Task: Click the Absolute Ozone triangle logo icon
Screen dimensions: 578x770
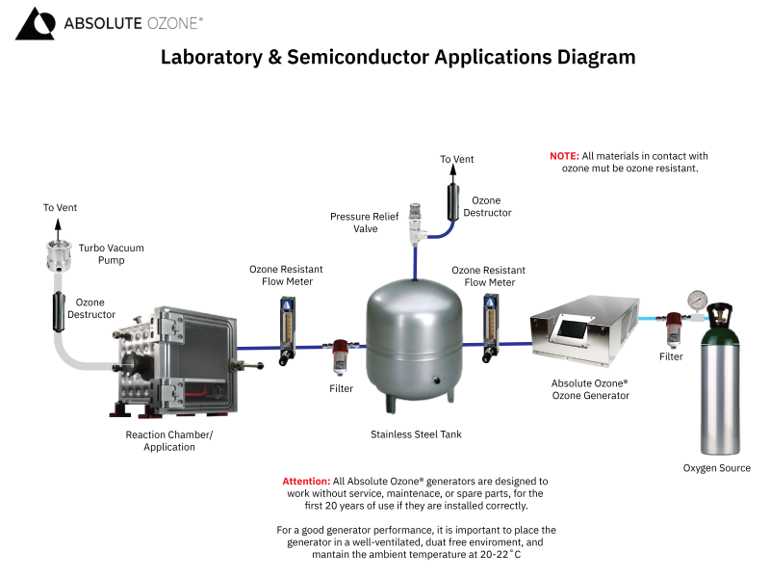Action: (x=35, y=24)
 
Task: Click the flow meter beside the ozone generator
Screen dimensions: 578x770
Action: (x=491, y=326)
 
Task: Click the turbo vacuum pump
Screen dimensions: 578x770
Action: (x=60, y=255)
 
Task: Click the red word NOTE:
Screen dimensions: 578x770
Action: (x=564, y=156)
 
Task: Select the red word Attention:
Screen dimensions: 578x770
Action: (x=305, y=481)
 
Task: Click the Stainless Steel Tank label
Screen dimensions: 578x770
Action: (x=416, y=434)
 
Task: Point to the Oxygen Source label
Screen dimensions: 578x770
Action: (x=716, y=468)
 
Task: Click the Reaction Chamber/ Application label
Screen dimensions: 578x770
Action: (x=169, y=440)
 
